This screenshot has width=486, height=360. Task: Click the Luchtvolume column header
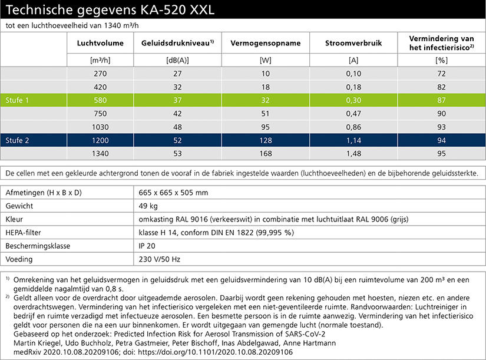pos(100,43)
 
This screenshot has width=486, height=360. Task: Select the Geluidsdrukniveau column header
pos(177,43)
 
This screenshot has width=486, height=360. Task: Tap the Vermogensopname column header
pos(266,43)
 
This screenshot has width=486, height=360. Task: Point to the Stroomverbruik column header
pos(353,43)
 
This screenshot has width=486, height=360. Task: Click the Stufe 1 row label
pos(17,100)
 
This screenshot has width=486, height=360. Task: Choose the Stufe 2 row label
pos(17,140)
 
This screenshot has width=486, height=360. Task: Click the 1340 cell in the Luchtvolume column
pos(100,154)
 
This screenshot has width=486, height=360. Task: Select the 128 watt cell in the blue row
pos(266,140)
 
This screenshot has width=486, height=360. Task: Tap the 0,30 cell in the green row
pos(353,100)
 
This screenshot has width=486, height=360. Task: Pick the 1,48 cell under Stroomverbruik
pos(353,154)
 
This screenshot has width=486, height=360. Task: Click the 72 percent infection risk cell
pos(441,74)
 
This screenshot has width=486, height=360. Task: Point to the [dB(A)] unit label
pos(177,60)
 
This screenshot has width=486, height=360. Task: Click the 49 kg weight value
pos(148,206)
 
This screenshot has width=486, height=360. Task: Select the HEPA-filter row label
pos(23,233)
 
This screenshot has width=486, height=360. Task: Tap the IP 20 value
pos(147,246)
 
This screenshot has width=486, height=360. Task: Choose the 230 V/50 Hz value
pos(159,259)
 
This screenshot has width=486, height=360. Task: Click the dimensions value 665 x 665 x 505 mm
pos(173,193)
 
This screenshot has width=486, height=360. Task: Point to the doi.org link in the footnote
pos(215,352)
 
